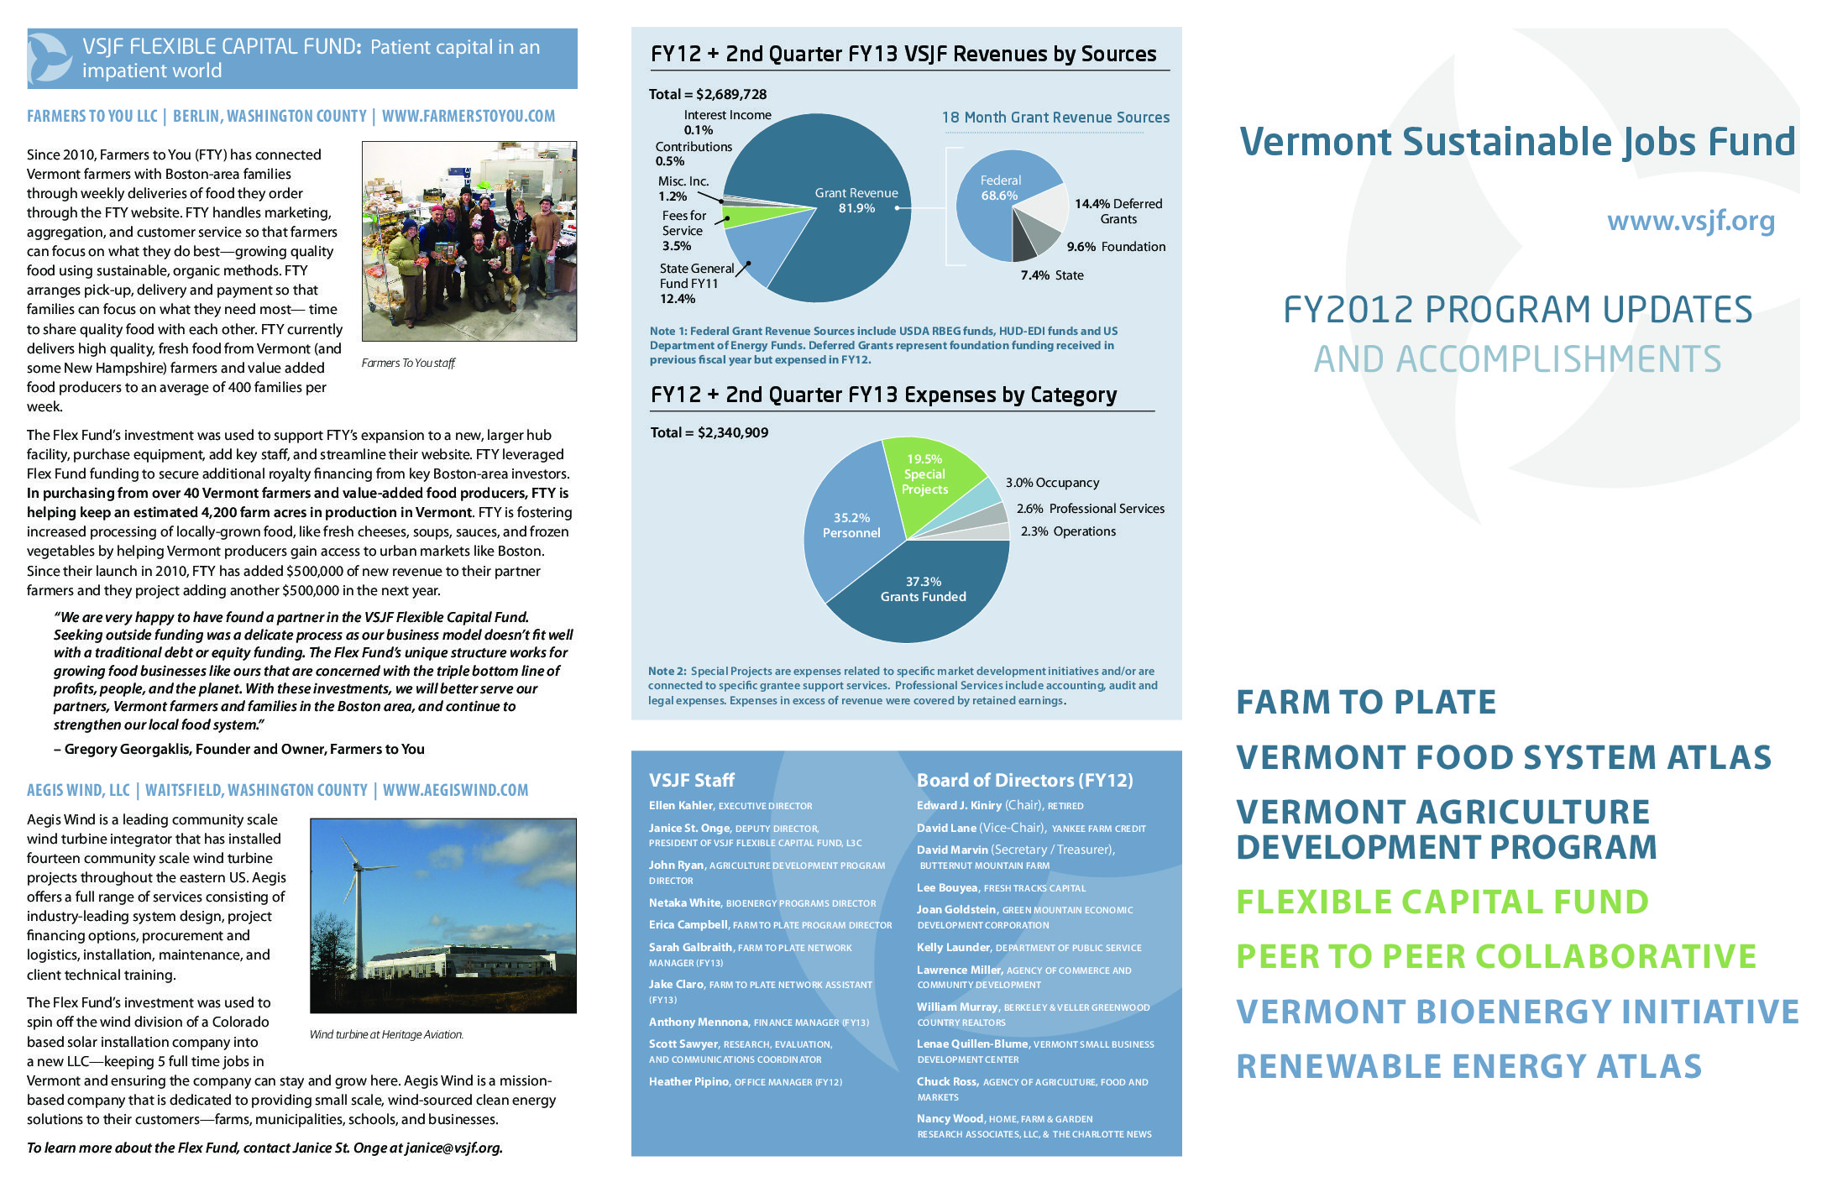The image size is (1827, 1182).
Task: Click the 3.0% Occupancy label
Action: pos(1052,483)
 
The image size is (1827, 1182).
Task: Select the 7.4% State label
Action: pos(1052,275)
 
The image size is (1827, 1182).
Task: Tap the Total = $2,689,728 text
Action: pos(708,94)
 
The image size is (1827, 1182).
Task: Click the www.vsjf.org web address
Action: pos(1690,221)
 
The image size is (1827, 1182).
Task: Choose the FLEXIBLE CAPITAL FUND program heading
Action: pos(1442,902)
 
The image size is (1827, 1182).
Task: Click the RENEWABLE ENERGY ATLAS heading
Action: pos(1468,1066)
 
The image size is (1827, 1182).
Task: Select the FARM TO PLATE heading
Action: pos(1366,702)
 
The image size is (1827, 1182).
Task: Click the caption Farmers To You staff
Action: pos(408,363)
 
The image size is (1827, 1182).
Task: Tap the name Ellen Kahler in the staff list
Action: pos(680,805)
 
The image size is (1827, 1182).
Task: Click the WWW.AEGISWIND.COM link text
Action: pos(455,790)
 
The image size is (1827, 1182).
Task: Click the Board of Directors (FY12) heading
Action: pos(1024,780)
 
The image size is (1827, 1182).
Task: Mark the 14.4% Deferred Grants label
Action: pos(1118,211)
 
